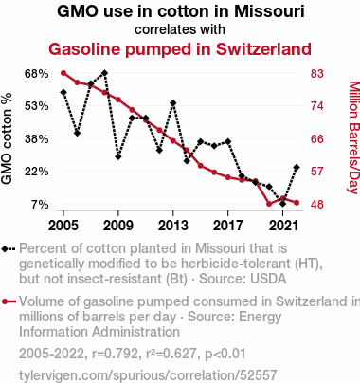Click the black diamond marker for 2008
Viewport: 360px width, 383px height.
(x=105, y=73)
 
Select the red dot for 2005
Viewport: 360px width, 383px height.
(x=63, y=73)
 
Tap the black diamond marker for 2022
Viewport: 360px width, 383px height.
(x=297, y=168)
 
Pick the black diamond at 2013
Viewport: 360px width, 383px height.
(x=173, y=103)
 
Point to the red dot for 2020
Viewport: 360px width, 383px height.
(x=269, y=204)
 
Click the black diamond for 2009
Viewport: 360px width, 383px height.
(x=118, y=156)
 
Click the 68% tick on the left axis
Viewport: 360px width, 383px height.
(x=37, y=74)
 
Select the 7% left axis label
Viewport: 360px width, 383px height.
(x=40, y=205)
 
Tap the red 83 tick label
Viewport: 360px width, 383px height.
(x=317, y=74)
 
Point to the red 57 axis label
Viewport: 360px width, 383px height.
(x=317, y=172)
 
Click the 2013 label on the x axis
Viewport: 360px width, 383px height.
(x=173, y=226)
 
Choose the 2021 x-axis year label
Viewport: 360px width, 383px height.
(x=283, y=226)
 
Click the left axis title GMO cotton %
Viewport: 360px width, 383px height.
(x=7, y=138)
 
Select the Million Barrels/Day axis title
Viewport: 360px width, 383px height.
(x=354, y=137)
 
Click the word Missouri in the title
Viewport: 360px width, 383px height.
(x=269, y=11)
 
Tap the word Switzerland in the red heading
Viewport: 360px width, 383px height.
(x=263, y=49)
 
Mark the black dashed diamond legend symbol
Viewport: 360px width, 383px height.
(x=9, y=249)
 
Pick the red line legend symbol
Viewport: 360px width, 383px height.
(x=9, y=301)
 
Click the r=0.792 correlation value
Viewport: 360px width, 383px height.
(x=115, y=354)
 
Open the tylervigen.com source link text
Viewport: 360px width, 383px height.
(x=148, y=375)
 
